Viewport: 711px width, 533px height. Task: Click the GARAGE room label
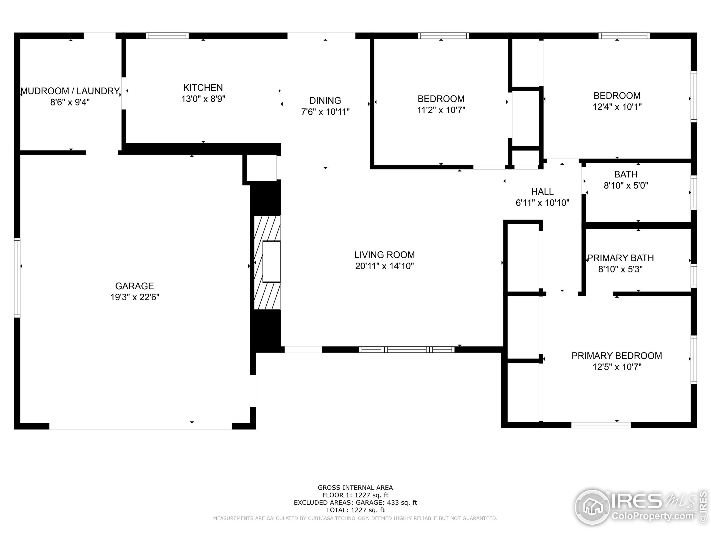click(134, 286)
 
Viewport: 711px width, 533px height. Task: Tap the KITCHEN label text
click(203, 88)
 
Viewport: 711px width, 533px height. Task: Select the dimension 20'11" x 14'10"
click(384, 266)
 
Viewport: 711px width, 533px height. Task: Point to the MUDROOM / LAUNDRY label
click(70, 91)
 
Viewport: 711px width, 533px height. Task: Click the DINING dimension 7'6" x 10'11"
click(325, 112)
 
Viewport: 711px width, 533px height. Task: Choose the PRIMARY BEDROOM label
click(617, 356)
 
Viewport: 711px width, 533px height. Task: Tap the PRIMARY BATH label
click(620, 258)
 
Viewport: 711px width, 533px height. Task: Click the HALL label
click(543, 192)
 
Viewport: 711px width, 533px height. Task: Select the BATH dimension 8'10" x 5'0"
click(626, 186)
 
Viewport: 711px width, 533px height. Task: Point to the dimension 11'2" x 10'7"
click(441, 110)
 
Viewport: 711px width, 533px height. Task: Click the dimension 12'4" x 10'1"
click(617, 107)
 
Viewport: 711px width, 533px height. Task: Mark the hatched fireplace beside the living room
click(267, 263)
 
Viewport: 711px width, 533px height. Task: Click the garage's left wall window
click(17, 278)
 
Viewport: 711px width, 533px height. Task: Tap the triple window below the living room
click(407, 350)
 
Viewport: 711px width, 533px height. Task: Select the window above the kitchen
click(167, 36)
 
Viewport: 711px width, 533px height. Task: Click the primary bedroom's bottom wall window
click(601, 425)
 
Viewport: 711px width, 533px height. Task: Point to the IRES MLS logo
click(641, 508)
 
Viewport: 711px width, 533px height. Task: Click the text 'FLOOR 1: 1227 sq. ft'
click(355, 495)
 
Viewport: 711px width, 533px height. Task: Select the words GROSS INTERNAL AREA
click(355, 488)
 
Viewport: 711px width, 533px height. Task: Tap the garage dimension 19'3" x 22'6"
click(135, 297)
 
